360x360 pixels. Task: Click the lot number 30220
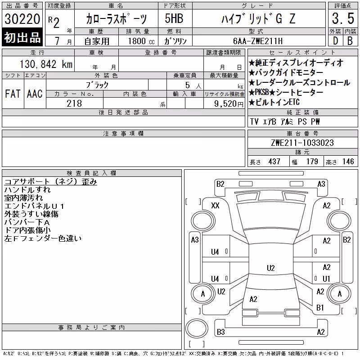22,19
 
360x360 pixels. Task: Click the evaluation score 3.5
343,18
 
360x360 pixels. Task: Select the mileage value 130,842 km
46,64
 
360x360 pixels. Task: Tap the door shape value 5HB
174,18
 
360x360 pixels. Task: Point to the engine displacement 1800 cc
141,41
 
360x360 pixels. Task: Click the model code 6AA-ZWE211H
258,41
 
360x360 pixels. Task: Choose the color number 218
74,103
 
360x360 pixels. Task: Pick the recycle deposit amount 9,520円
229,104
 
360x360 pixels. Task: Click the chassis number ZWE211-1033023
302,143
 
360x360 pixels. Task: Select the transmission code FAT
13,94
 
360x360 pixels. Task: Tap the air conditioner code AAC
35,94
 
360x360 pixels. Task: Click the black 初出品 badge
22,37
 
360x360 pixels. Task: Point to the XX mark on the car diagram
215,205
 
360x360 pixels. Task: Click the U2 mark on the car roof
271,268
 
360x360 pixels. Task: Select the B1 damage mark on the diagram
320,307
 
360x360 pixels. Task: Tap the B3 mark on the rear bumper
220,332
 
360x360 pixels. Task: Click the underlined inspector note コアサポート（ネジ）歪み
51,182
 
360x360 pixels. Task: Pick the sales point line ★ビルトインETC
274,102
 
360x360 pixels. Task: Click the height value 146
348,162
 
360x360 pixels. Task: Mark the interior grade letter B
350,41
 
